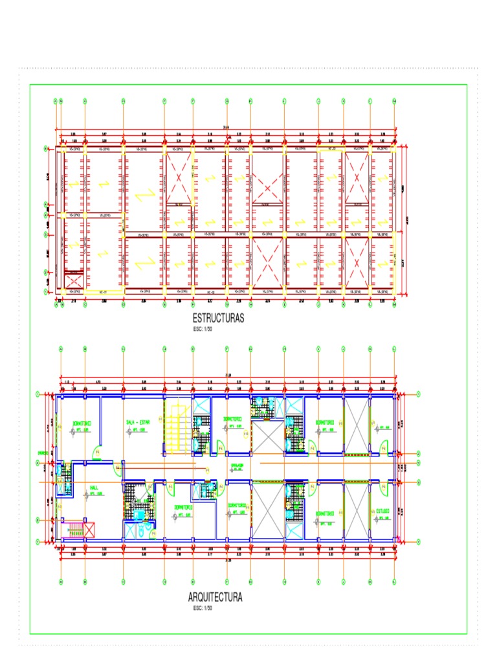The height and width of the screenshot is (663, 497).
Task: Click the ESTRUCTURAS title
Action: click(x=217, y=319)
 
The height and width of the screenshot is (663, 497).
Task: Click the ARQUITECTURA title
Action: click(x=215, y=597)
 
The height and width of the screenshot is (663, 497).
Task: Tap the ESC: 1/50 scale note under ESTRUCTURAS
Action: click(x=202, y=329)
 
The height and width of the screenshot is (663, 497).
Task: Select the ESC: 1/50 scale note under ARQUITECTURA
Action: click(x=202, y=609)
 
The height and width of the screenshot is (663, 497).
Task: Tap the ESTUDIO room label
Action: click(x=382, y=511)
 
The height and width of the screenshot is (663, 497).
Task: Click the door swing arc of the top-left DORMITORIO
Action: click(x=97, y=452)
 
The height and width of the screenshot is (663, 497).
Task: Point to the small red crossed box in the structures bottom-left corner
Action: click(x=74, y=281)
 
